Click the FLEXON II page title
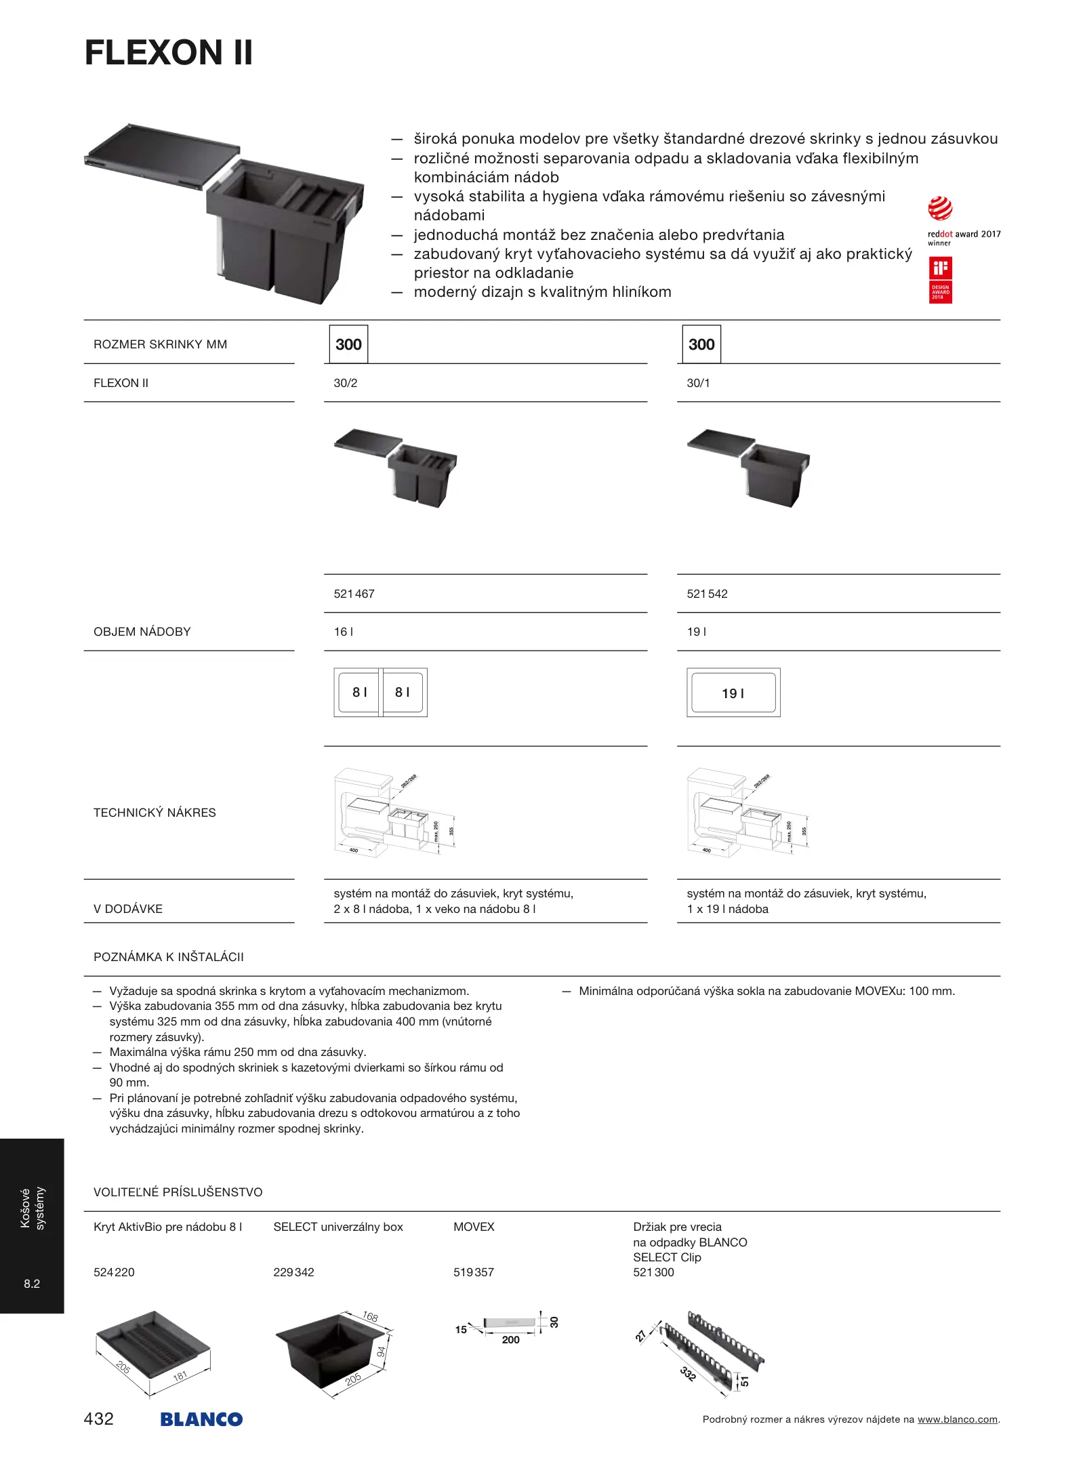click(169, 53)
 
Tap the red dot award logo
click(940, 209)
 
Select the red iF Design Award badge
click(940, 280)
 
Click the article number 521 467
click(354, 594)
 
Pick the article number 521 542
click(707, 594)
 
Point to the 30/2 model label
click(346, 383)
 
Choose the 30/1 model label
click(698, 383)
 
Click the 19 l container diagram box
click(733, 693)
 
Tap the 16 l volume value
click(343, 632)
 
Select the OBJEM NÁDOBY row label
click(142, 632)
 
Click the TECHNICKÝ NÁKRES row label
click(155, 813)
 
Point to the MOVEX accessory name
click(474, 1227)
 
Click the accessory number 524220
click(114, 1272)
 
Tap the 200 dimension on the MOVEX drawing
click(511, 1340)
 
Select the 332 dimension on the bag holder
click(688, 1373)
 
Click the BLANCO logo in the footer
click(201, 1419)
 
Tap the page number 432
click(99, 1419)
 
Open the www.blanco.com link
click(957, 1419)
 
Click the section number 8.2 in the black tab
click(32, 1284)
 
